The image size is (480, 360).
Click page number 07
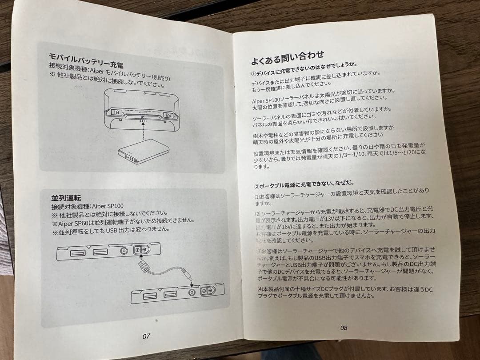(146, 336)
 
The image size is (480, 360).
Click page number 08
(343, 328)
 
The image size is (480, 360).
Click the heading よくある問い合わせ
(288, 57)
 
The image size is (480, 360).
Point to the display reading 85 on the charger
(169, 116)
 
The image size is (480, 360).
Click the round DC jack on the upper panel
(124, 251)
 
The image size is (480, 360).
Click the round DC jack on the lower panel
(192, 293)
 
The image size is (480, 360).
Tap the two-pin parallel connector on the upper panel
(141, 250)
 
